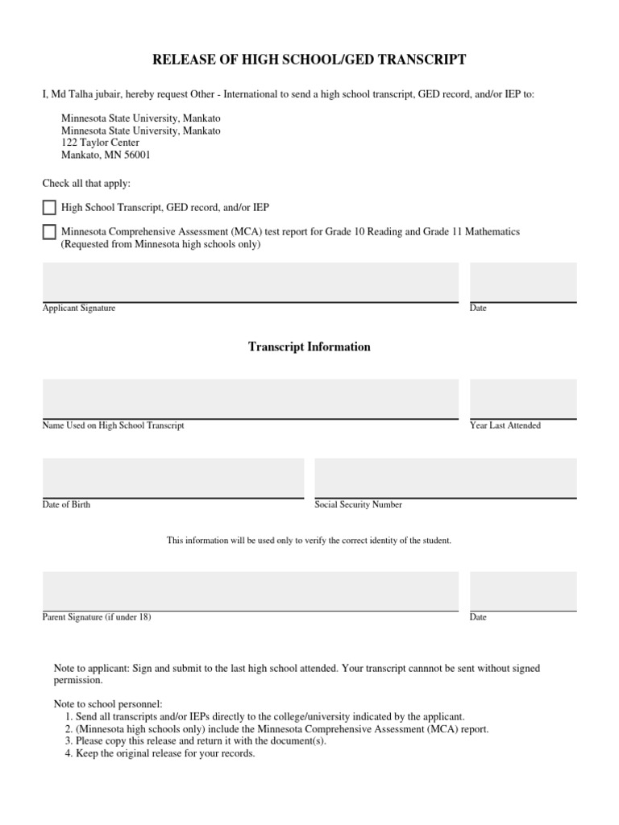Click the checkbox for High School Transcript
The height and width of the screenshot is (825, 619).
pos(49,208)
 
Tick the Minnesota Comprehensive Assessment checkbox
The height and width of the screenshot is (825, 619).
pos(49,232)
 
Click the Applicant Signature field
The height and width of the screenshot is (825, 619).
pos(250,281)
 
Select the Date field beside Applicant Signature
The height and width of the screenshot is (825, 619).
pos(523,281)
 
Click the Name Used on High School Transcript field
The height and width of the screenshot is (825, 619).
pos(250,399)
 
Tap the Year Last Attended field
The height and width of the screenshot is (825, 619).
pos(523,399)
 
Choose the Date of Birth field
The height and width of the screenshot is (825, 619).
pos(172,478)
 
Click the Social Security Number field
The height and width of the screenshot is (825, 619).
pos(446,478)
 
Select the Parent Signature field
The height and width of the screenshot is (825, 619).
pos(250,591)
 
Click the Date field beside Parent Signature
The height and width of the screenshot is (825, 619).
pos(523,591)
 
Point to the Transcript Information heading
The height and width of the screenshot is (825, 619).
pos(309,347)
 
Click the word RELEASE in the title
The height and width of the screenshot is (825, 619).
pos(181,60)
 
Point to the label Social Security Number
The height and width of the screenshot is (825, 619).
pos(358,505)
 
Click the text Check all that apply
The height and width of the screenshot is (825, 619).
pos(86,184)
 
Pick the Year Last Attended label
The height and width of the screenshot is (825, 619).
pos(505,425)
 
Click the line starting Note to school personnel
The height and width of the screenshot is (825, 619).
pos(107,703)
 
